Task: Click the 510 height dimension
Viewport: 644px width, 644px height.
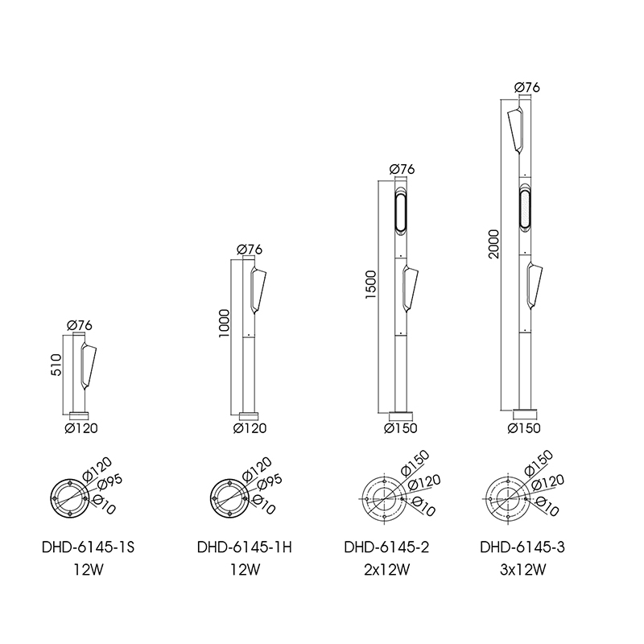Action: (x=56, y=365)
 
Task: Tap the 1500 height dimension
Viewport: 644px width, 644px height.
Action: (x=371, y=285)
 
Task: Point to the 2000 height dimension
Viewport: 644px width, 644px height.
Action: (x=493, y=244)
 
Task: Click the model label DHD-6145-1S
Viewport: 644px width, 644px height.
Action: (x=88, y=547)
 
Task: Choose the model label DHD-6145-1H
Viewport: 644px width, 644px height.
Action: (x=245, y=547)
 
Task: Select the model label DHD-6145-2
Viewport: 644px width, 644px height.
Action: (x=386, y=547)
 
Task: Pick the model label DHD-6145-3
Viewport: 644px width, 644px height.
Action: (x=522, y=547)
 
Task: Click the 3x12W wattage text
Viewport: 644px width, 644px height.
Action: (x=522, y=570)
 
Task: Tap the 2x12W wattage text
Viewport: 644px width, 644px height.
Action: (x=387, y=570)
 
